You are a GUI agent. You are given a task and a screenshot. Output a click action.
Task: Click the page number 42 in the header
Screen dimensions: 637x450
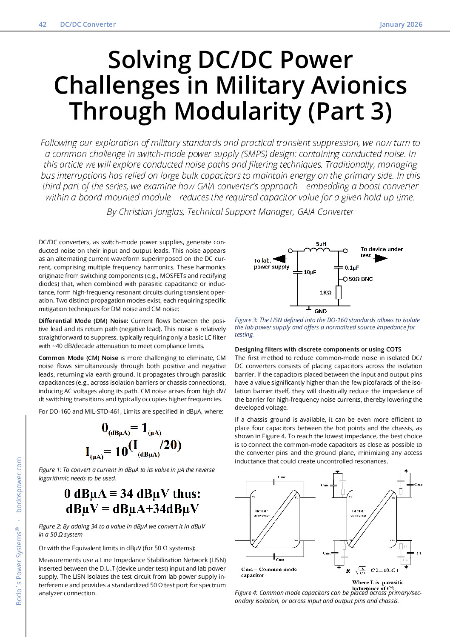[x=43, y=24]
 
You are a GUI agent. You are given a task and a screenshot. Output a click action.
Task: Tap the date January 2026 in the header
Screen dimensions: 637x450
[x=401, y=24]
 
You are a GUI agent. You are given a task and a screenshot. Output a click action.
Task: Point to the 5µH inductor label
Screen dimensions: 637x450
[x=321, y=244]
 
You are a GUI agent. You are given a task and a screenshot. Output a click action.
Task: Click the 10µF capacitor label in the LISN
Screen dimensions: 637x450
[x=310, y=272]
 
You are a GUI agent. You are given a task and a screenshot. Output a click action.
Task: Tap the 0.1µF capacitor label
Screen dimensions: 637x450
[x=352, y=268]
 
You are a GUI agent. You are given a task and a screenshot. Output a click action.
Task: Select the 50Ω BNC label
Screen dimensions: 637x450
[x=361, y=279]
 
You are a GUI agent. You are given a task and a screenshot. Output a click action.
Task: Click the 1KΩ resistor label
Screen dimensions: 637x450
[x=325, y=292]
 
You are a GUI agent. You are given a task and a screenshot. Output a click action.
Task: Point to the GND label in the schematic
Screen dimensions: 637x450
[x=321, y=311]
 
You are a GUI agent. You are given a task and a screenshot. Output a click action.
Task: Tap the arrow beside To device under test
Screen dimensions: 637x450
[x=381, y=258]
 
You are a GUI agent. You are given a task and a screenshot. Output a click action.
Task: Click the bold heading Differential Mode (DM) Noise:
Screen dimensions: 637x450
[x=83, y=321]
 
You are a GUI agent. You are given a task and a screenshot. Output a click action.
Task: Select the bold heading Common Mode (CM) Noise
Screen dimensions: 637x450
[x=78, y=358]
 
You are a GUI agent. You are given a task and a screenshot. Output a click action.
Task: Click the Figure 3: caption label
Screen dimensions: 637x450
[x=246, y=320]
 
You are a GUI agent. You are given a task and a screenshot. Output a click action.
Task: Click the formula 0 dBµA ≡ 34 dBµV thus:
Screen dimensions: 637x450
[x=132, y=494]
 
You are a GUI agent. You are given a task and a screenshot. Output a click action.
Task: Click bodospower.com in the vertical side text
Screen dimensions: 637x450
[x=19, y=484]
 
